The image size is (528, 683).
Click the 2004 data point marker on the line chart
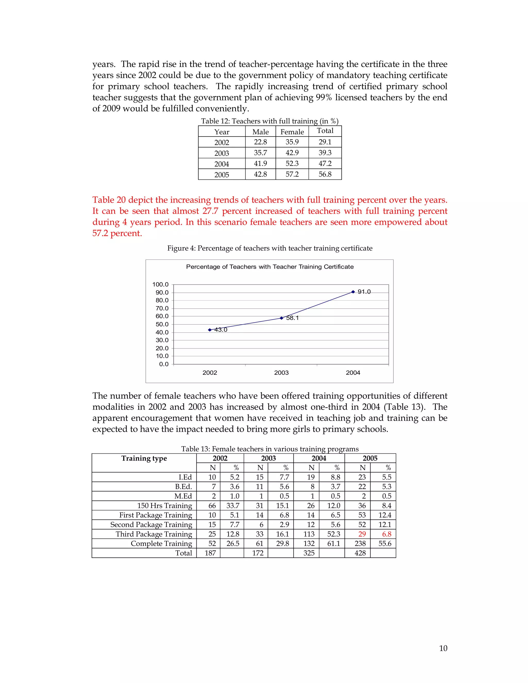point(353,292)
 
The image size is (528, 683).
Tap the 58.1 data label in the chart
point(292,318)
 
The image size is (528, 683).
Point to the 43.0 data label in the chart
point(221,330)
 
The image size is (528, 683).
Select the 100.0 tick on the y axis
point(160,284)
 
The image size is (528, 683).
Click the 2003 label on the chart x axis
point(281,372)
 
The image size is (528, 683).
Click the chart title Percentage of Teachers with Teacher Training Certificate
point(270,267)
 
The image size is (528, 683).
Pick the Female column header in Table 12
point(292,132)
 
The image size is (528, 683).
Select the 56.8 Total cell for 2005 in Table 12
point(325,174)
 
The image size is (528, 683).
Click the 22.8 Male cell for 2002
point(260,142)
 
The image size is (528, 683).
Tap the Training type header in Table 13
point(144,459)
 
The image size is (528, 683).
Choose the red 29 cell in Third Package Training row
point(362,534)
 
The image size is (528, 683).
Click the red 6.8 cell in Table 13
point(387,534)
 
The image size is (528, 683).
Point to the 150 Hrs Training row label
point(164,506)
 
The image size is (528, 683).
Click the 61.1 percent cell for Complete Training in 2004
point(333,544)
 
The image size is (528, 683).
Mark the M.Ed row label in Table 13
point(183,496)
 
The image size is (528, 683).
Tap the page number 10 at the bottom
point(443,648)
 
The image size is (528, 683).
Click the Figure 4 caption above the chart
point(270,248)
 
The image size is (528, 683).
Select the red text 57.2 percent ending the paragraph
point(117,233)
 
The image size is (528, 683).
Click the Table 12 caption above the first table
point(270,121)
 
